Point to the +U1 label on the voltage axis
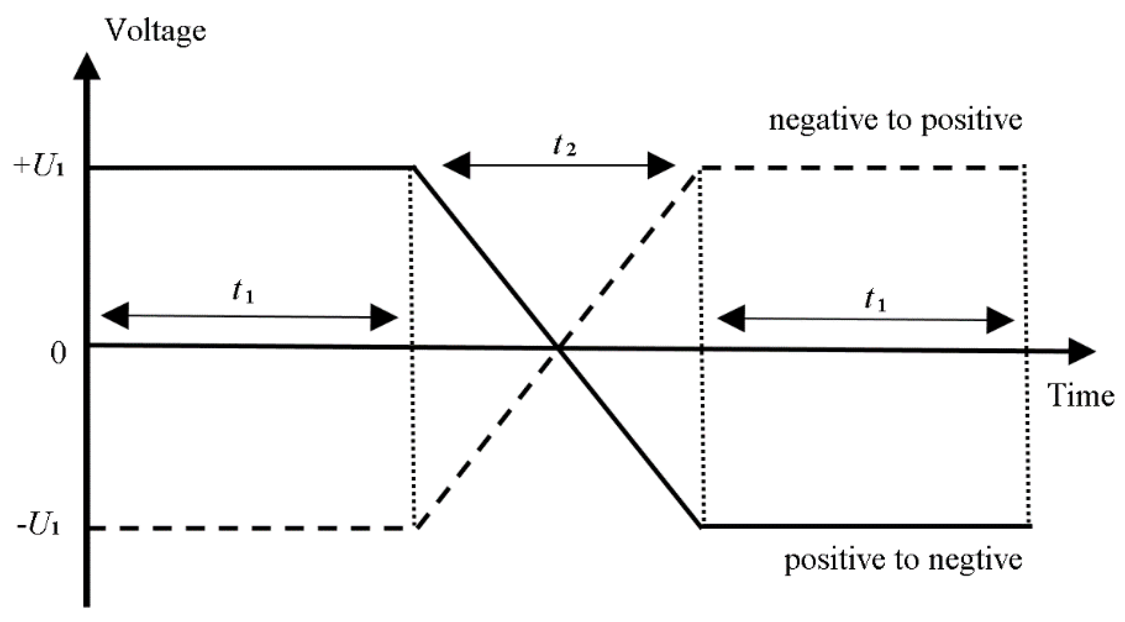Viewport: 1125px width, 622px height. (x=39, y=167)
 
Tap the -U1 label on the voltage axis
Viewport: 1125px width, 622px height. (x=38, y=527)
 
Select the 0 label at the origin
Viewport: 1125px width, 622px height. (x=58, y=354)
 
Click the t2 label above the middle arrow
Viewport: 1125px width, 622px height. (x=564, y=146)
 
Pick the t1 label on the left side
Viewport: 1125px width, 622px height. (x=243, y=293)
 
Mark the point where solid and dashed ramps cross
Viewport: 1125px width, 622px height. (x=558, y=348)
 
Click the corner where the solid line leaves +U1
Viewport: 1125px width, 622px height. (x=414, y=168)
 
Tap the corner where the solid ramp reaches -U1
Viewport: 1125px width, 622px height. (x=701, y=527)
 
